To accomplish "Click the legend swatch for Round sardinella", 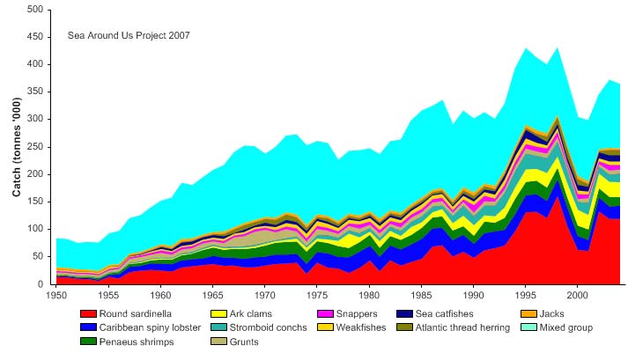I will click(x=86, y=313).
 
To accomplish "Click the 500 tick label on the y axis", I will click(x=35, y=10).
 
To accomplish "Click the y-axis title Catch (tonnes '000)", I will click(x=17, y=148).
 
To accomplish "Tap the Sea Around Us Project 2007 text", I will click(x=129, y=36).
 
